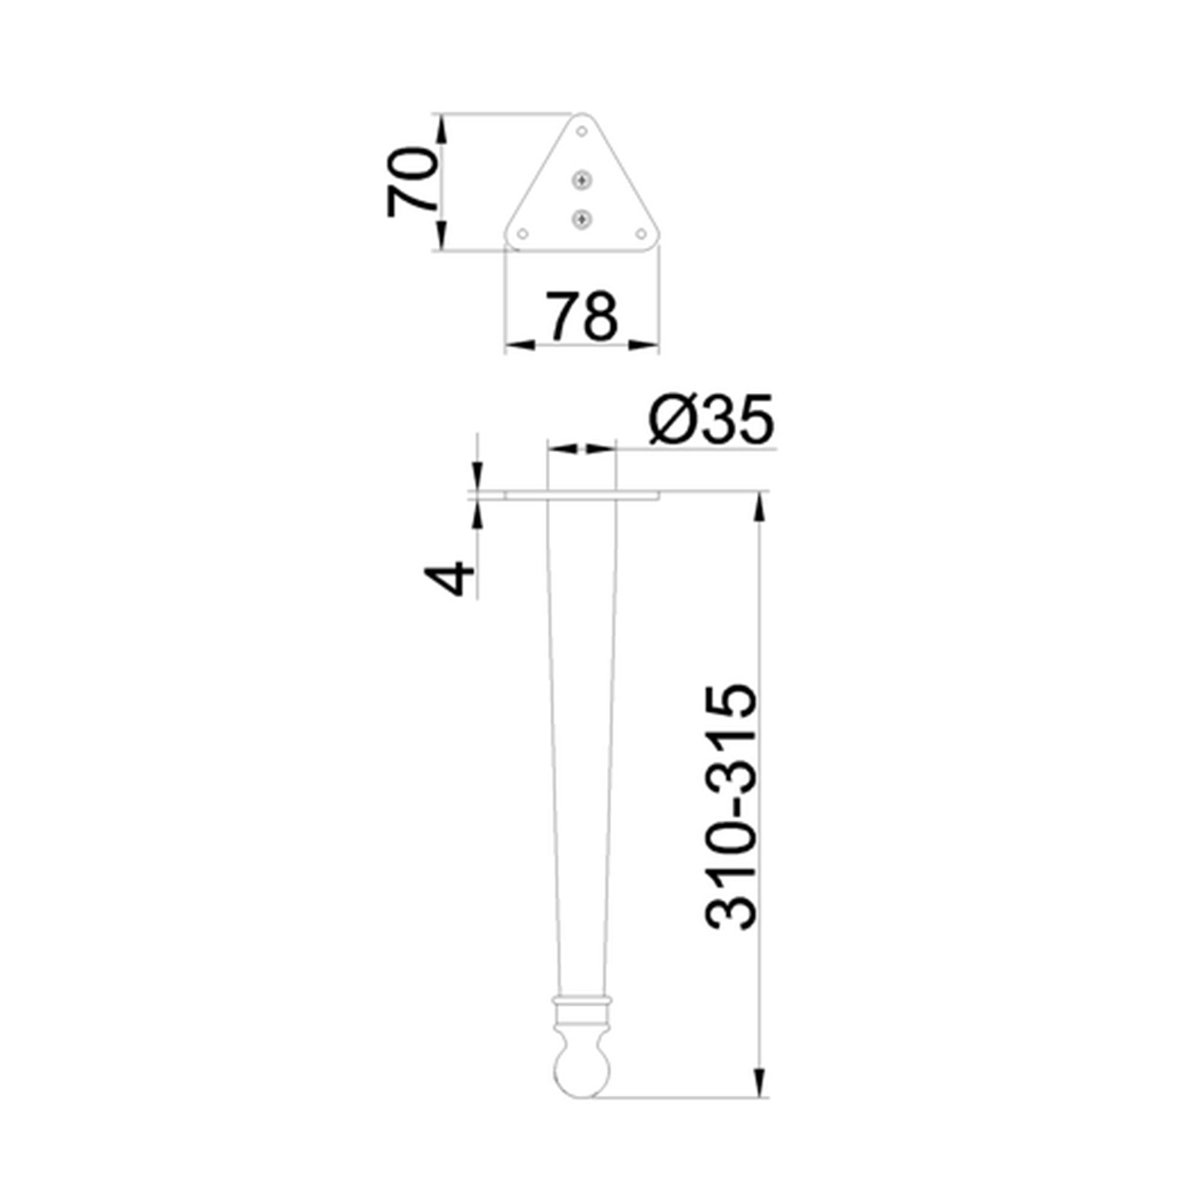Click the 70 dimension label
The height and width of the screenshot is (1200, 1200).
412,181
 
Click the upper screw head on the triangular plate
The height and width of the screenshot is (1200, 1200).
581,181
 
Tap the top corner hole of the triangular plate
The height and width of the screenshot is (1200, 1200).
582,131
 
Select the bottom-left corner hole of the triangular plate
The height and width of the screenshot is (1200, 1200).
523,233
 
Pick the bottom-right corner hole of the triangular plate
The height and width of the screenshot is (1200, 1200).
641,233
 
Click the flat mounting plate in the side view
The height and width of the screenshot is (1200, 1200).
582,496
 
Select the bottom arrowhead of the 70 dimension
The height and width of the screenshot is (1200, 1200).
442,236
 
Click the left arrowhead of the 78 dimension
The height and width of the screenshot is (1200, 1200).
520,346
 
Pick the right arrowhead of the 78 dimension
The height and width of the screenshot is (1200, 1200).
643,346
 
